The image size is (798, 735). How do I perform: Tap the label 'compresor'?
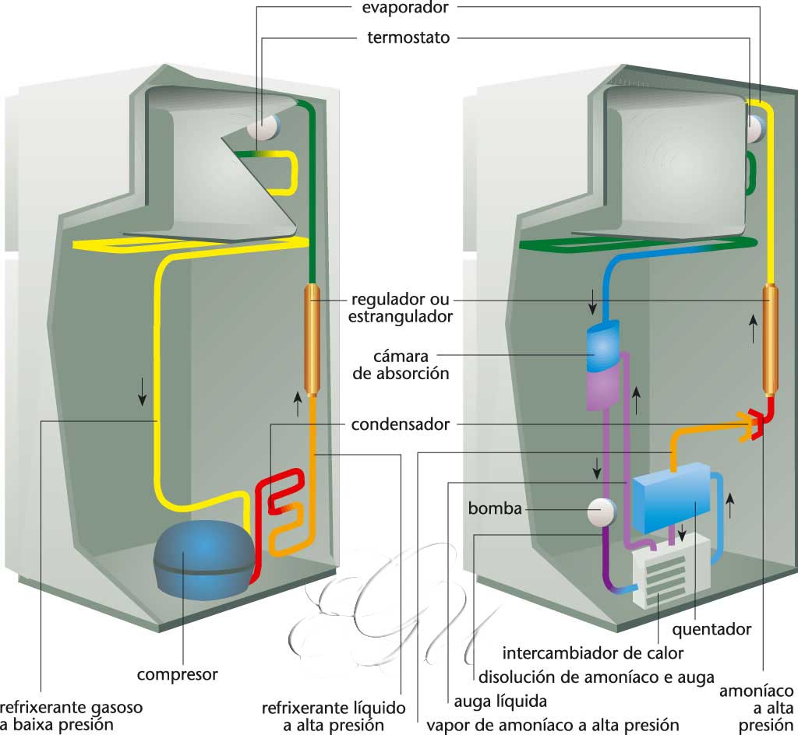tap(177, 673)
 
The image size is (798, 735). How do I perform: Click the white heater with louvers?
tap(663, 571)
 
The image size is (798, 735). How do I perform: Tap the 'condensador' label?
tap(400, 425)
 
